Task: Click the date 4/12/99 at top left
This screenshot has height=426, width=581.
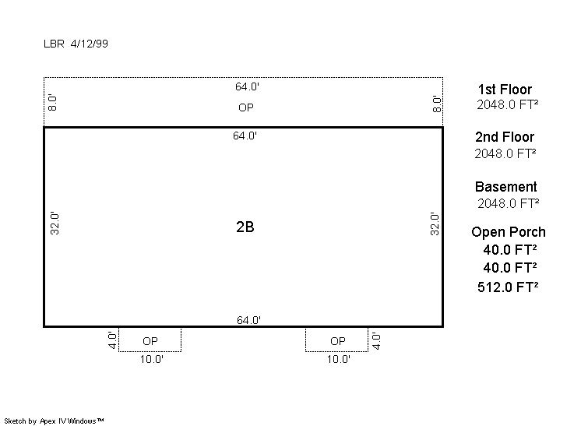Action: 90,44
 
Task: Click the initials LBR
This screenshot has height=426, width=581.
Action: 54,44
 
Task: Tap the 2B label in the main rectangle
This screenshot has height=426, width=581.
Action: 245,227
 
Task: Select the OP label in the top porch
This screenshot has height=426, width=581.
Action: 246,107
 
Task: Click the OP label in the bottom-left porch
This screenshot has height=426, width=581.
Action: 150,341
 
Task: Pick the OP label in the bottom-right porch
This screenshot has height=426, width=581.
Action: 337,341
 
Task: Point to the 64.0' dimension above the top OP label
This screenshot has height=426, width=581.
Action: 247,86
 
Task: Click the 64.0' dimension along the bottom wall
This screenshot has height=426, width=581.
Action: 248,319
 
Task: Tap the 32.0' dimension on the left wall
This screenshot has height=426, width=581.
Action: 55,224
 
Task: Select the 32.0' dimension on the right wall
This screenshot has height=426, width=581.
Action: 435,224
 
